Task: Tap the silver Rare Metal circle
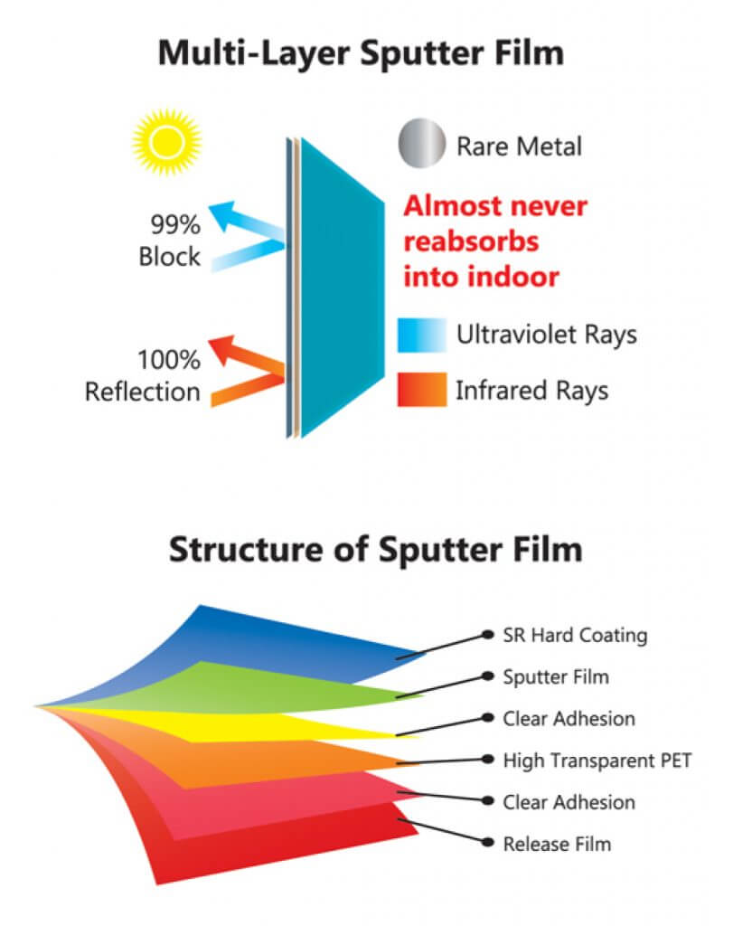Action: coord(421,145)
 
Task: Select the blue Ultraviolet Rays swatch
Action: coord(421,335)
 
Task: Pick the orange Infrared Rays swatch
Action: coord(421,390)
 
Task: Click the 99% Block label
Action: coord(169,241)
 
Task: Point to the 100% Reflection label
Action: coord(143,376)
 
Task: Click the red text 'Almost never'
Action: coord(494,207)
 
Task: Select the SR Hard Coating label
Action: coord(575,635)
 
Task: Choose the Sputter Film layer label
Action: coord(556,676)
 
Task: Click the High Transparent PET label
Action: coord(597,761)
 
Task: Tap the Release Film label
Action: coord(557,844)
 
